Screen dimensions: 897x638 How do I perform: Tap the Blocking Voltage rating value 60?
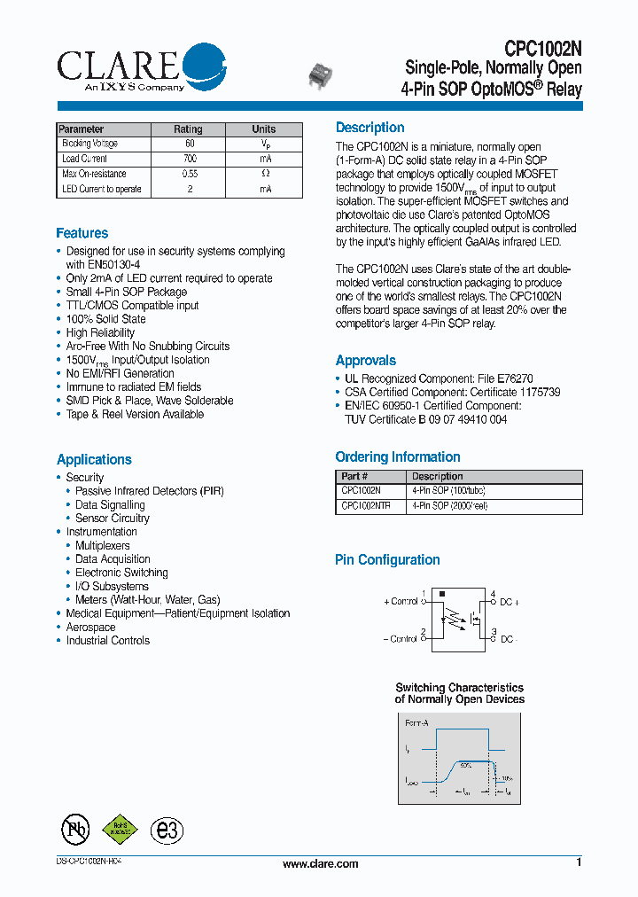coord(190,144)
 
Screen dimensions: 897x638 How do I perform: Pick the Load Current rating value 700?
coord(190,159)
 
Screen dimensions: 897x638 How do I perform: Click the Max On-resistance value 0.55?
coord(190,174)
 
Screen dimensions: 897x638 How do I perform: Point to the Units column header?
coord(264,129)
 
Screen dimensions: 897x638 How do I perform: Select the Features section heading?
coord(82,233)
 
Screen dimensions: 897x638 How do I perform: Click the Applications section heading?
coord(94,459)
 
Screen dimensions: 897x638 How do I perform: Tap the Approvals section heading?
coord(365,360)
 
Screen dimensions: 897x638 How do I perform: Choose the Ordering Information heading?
coord(398,457)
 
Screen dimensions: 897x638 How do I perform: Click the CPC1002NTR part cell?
coord(366,506)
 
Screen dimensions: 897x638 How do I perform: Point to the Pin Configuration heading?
coord(387,560)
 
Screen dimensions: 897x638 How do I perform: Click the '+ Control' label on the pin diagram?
coord(401,601)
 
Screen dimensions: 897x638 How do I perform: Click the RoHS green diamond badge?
coord(121,828)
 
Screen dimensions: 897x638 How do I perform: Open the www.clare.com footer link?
coord(320,864)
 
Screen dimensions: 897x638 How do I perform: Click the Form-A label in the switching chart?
coord(416,723)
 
